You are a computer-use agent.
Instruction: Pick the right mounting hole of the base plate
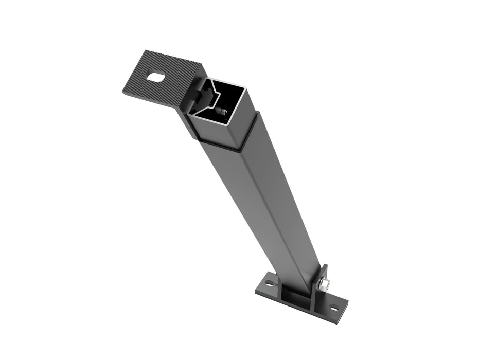coord(334,309)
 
